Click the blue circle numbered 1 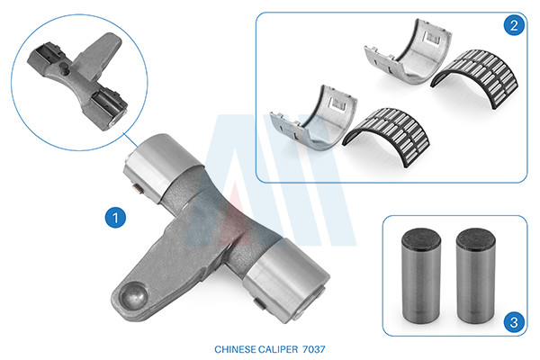click(115, 218)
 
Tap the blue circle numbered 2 click(514, 25)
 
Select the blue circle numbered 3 click(514, 322)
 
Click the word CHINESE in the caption click(235, 349)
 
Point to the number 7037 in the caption click(313, 349)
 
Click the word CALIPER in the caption click(278, 349)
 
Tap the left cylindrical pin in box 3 click(421, 275)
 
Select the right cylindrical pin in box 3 click(475, 275)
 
